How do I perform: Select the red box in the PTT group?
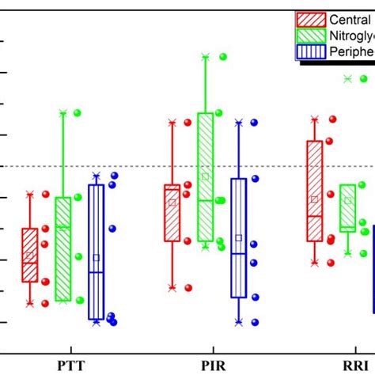[29, 255]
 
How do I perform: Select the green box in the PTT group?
[63, 248]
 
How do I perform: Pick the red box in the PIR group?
[172, 212]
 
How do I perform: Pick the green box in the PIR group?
[205, 176]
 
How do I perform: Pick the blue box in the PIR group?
[239, 237]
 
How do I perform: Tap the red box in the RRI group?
[314, 191]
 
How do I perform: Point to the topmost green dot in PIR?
[222, 57]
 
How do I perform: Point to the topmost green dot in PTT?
[78, 113]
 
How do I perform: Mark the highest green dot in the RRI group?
[365, 78]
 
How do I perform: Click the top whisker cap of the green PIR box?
[205, 57]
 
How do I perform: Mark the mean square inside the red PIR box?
[172, 202]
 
